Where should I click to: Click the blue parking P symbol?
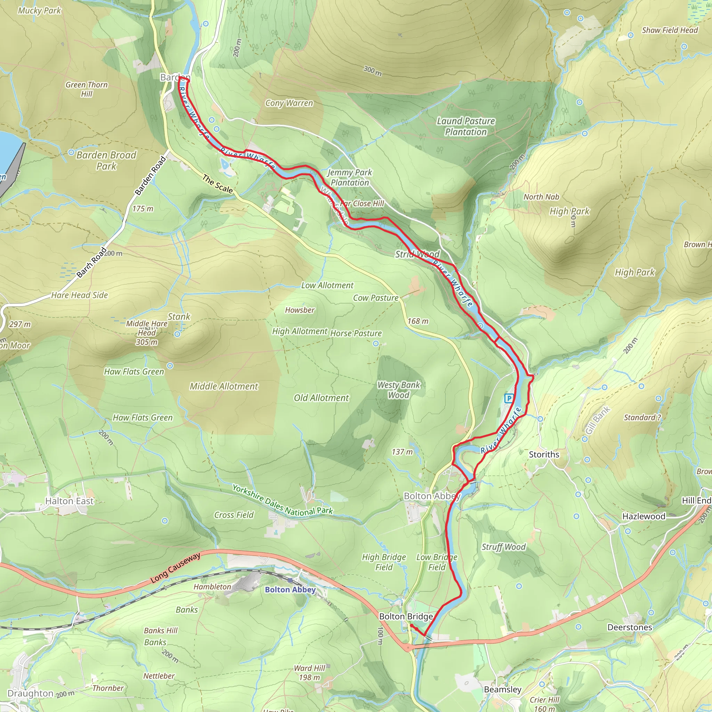tap(509, 398)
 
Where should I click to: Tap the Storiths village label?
tap(544, 454)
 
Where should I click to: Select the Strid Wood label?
tap(417, 254)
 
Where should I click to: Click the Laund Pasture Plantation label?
tap(466, 127)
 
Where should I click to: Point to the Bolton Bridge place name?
tap(406, 616)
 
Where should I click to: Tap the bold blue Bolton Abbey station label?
tap(290, 590)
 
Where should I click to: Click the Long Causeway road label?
tap(176, 568)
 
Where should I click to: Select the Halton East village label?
tap(69, 501)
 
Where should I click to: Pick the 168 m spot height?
tap(418, 321)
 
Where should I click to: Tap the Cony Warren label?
tap(289, 103)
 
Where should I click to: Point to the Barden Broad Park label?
tap(106, 160)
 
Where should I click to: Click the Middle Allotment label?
tap(224, 386)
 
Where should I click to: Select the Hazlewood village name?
tap(644, 516)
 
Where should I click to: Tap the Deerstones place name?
tap(630, 627)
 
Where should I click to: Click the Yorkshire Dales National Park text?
tap(282, 501)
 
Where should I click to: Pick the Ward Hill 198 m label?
tap(309, 673)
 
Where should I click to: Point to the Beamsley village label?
tap(502, 689)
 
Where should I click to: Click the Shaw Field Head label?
tap(670, 30)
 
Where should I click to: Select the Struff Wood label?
tap(503, 547)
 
